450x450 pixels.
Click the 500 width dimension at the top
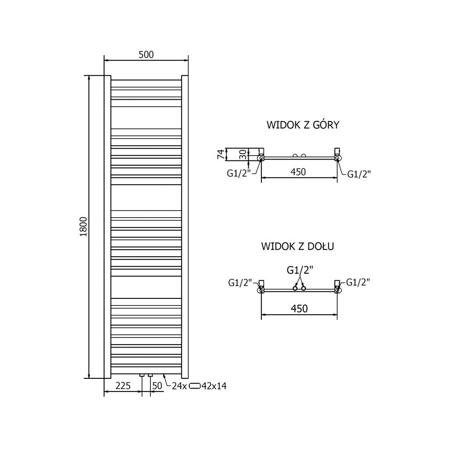(146, 55)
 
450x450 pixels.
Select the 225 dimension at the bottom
(123, 386)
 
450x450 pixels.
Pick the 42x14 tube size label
(214, 386)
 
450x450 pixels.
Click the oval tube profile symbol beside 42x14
(195, 386)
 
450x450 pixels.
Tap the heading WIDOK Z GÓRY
(303, 125)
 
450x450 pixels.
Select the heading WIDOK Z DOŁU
(298, 246)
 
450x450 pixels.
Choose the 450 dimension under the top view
(298, 172)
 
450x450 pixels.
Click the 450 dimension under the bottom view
(299, 309)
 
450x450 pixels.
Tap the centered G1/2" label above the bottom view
(300, 270)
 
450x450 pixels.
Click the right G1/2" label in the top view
(359, 174)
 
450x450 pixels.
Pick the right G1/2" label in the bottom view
(358, 282)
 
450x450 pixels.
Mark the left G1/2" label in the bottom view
(240, 283)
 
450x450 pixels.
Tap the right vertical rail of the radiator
(185, 227)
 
